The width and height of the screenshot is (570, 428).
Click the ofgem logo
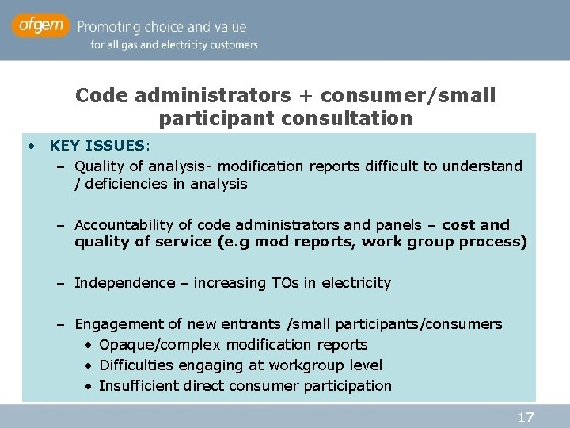click(41, 26)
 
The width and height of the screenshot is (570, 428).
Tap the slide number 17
click(526, 417)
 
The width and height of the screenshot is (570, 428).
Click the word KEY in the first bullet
click(64, 146)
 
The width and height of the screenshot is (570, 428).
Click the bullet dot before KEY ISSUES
click(30, 146)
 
